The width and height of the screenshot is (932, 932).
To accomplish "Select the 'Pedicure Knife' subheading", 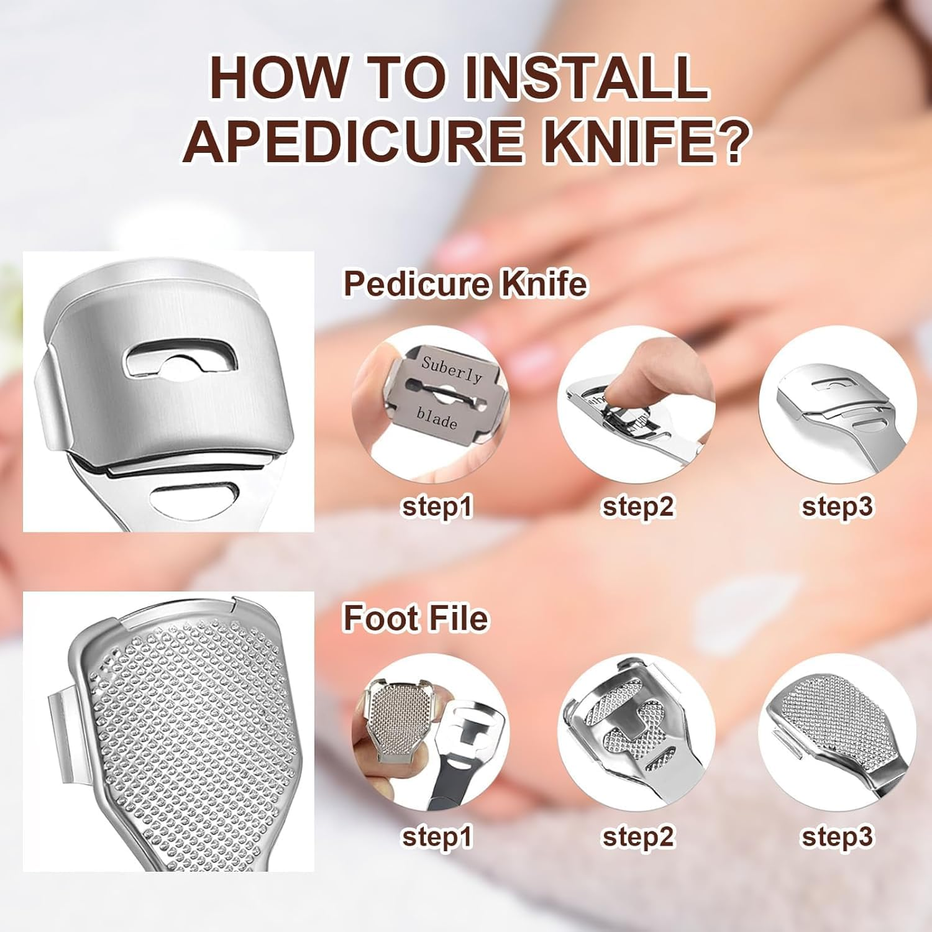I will click(465, 284).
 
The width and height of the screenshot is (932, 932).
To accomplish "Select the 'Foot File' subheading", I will click(416, 619).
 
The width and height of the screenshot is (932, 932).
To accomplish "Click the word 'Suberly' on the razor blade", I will click(452, 371).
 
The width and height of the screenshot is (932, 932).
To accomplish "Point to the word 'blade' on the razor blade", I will click(437, 418).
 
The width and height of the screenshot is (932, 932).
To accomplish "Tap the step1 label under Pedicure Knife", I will click(437, 506).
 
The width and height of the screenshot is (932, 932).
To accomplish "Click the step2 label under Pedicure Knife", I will click(637, 506).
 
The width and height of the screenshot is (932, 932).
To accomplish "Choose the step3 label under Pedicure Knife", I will click(837, 506).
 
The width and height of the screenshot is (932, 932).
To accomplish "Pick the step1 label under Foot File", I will click(437, 836).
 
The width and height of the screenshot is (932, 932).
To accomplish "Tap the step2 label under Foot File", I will click(637, 836).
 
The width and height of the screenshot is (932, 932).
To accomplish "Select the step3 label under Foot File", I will click(837, 836).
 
